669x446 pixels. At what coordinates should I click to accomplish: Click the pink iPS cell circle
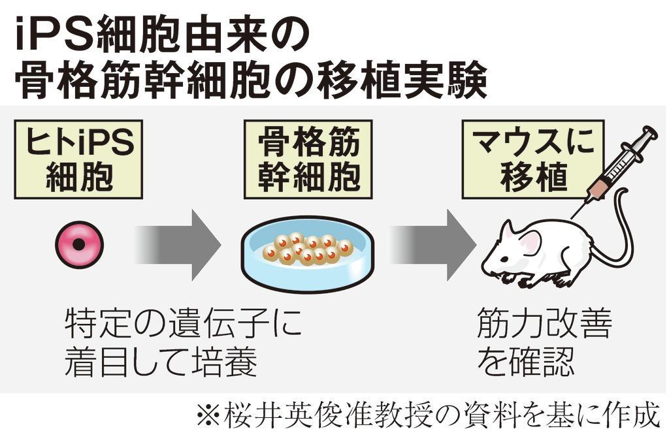(x=79, y=245)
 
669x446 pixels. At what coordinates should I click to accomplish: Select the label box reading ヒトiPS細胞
(x=80, y=159)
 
